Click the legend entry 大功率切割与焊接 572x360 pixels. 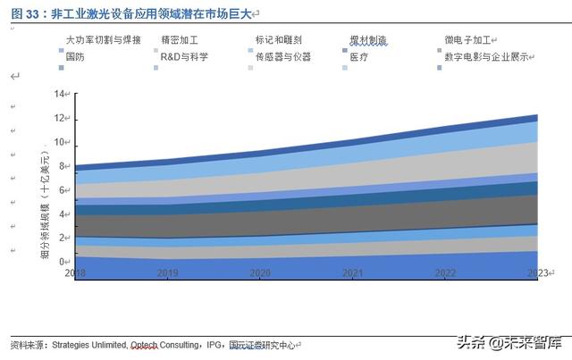point(101,41)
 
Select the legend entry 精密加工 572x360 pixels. point(179,41)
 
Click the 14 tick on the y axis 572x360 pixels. point(60,95)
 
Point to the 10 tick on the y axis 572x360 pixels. point(60,142)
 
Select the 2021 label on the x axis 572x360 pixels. point(352,272)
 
